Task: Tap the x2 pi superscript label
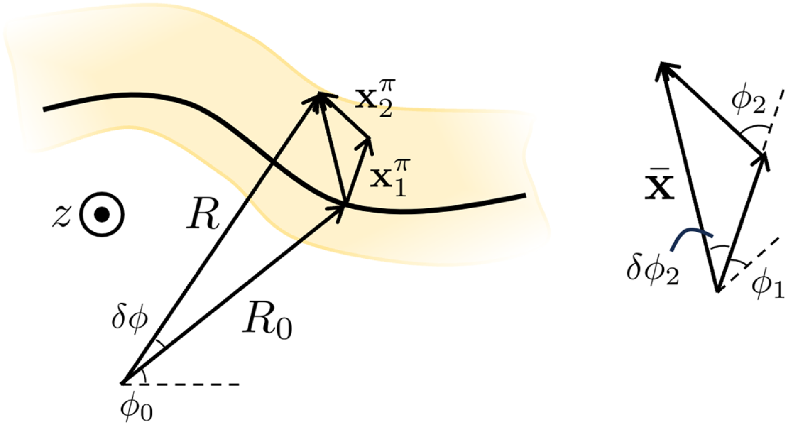375,100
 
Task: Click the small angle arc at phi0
144,376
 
